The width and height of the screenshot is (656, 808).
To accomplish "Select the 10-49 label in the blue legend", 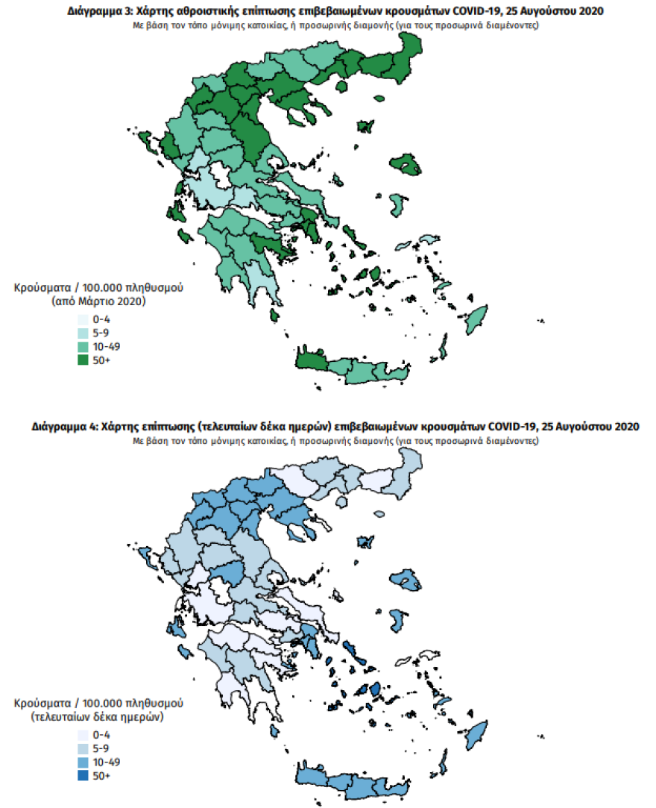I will pos(106,762).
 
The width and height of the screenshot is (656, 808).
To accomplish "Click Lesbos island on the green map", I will pos(406,163).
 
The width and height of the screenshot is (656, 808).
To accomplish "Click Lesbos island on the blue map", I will pos(406,579).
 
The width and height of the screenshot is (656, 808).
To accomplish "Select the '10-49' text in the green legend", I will pos(106,347).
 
